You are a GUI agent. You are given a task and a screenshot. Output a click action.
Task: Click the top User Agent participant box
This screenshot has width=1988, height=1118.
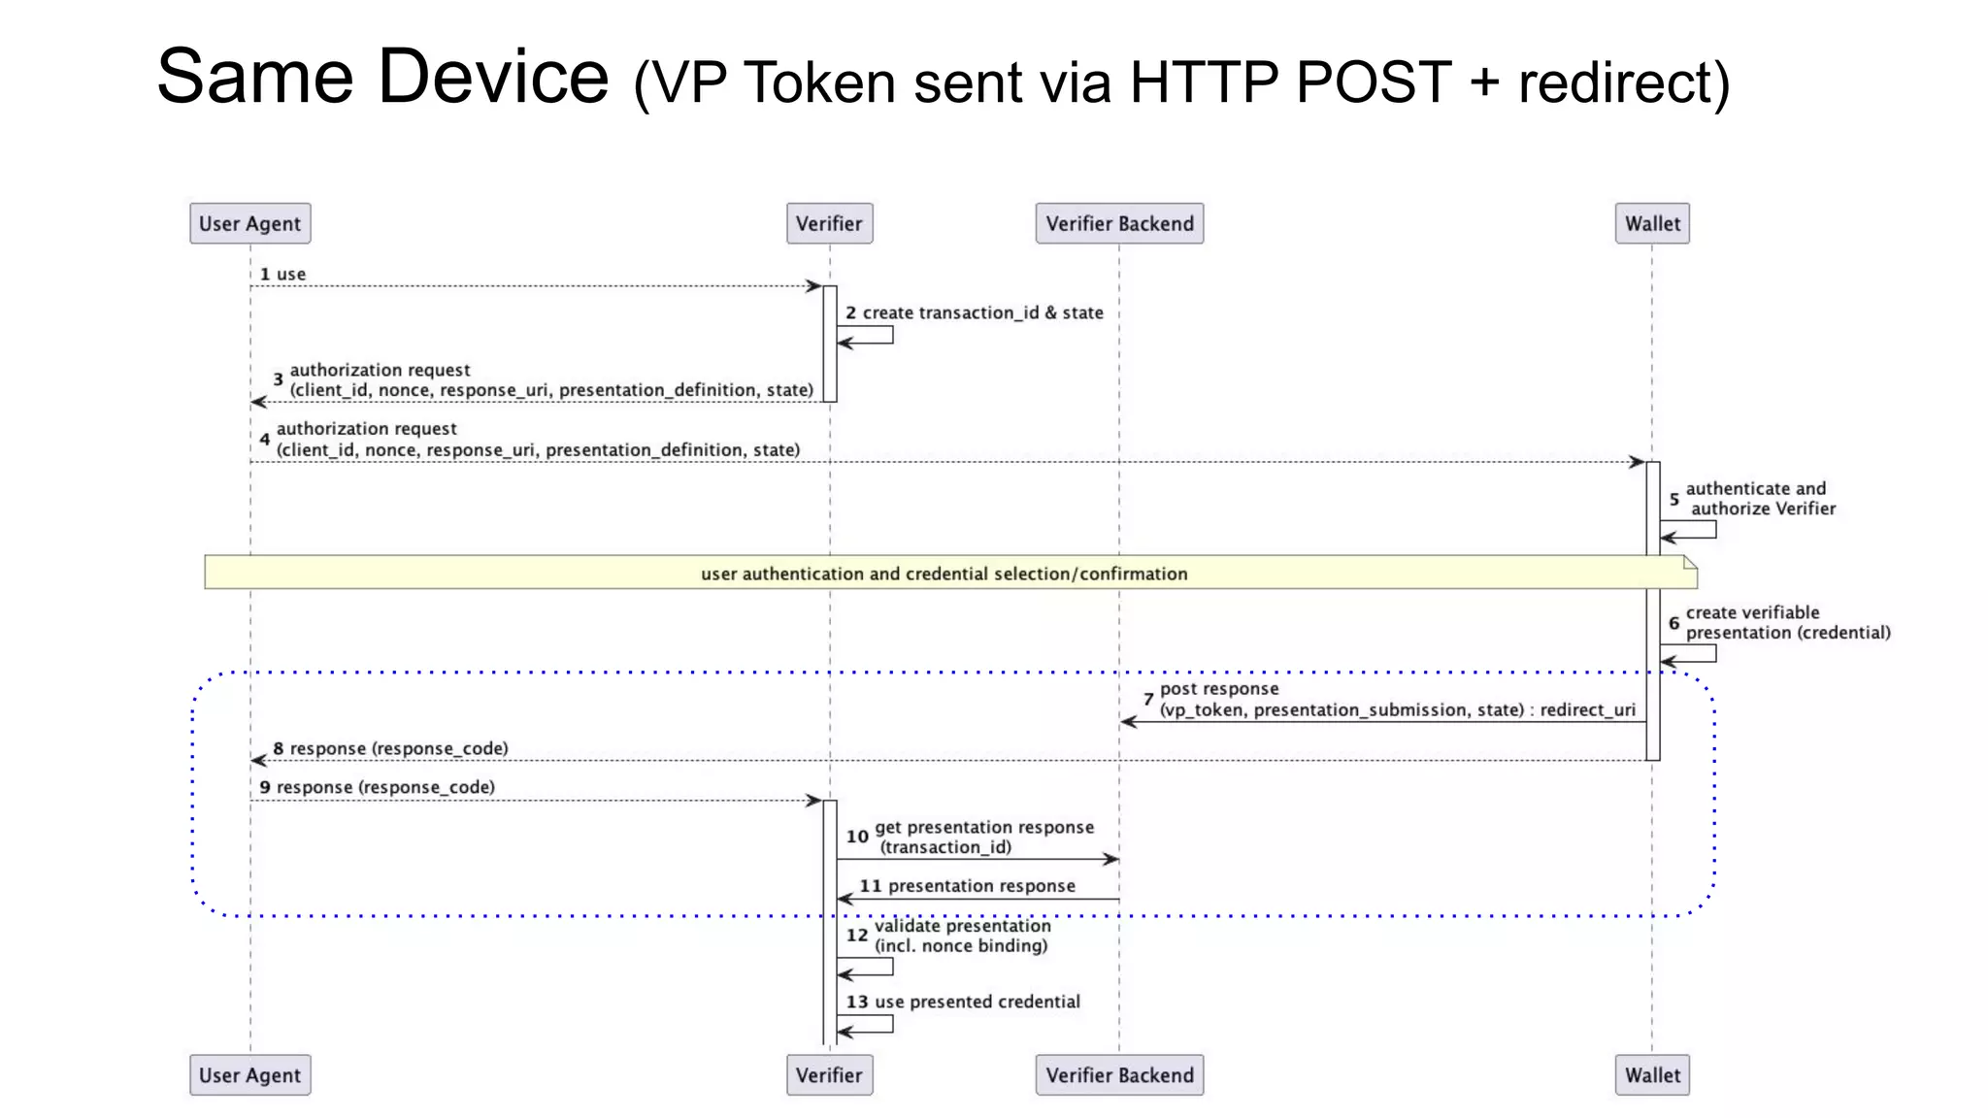249,223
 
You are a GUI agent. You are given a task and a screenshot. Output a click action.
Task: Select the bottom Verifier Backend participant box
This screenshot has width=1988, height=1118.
1119,1075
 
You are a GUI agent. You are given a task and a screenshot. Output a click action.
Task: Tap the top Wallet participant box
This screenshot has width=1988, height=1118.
1652,223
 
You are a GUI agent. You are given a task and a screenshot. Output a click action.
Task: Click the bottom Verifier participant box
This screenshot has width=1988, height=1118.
829,1075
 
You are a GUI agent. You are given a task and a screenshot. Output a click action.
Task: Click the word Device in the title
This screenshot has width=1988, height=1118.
493,78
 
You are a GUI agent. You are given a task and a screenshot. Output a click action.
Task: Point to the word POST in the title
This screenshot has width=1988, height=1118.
1374,82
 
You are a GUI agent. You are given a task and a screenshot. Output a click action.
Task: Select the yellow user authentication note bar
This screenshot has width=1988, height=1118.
944,574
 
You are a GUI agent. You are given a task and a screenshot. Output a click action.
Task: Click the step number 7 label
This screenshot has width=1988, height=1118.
1148,700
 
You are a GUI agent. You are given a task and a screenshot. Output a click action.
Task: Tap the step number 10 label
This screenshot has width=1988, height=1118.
857,837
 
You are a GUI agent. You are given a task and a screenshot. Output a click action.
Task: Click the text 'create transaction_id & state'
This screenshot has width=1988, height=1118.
982,312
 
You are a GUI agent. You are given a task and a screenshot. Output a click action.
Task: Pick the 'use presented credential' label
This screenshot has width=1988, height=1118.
977,1002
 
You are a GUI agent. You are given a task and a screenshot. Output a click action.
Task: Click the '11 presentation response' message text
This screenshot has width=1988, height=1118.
968,886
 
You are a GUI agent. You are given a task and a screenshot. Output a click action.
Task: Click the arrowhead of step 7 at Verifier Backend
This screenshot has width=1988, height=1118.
1128,722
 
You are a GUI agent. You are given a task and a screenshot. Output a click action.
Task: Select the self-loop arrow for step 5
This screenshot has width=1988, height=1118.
1694,530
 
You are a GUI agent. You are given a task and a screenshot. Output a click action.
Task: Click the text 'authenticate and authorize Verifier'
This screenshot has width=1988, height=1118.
1759,499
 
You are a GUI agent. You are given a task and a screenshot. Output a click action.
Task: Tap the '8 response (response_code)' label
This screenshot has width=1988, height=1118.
390,748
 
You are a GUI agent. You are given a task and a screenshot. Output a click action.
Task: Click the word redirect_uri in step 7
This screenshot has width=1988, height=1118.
1587,709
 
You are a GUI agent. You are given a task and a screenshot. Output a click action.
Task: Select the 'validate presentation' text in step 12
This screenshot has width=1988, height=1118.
962,926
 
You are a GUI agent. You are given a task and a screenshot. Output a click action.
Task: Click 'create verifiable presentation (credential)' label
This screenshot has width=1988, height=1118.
1786,623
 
